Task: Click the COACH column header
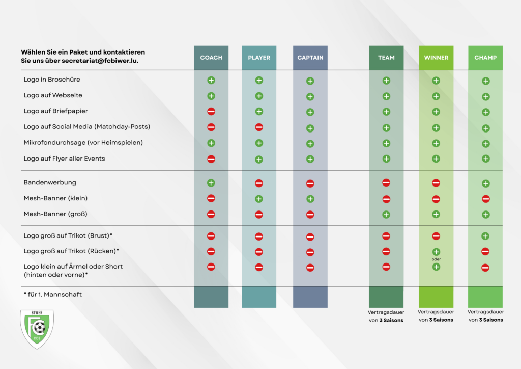[211, 58]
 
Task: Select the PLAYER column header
[259, 58]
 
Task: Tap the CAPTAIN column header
[310, 58]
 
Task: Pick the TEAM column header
[386, 58]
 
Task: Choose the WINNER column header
[436, 58]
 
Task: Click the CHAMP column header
[485, 58]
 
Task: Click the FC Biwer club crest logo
[37, 328]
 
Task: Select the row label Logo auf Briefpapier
[55, 111]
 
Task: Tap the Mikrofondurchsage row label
[83, 143]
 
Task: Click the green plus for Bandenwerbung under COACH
[211, 182]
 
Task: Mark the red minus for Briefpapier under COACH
[211, 112]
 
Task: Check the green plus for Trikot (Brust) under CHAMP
[485, 236]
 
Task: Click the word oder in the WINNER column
[436, 259]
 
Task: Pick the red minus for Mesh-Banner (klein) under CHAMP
[485, 199]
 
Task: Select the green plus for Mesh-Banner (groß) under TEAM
[386, 215]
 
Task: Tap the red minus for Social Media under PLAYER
[259, 127]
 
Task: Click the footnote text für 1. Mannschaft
[52, 294]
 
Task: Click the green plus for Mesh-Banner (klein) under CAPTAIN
[310, 199]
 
